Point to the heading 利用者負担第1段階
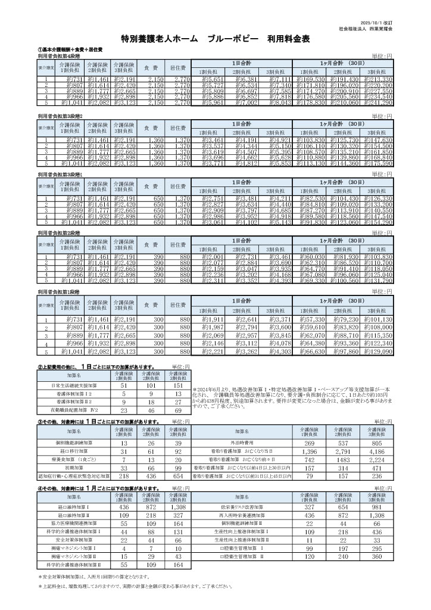tap(58, 292)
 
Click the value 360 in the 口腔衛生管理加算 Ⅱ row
tap(377, 556)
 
